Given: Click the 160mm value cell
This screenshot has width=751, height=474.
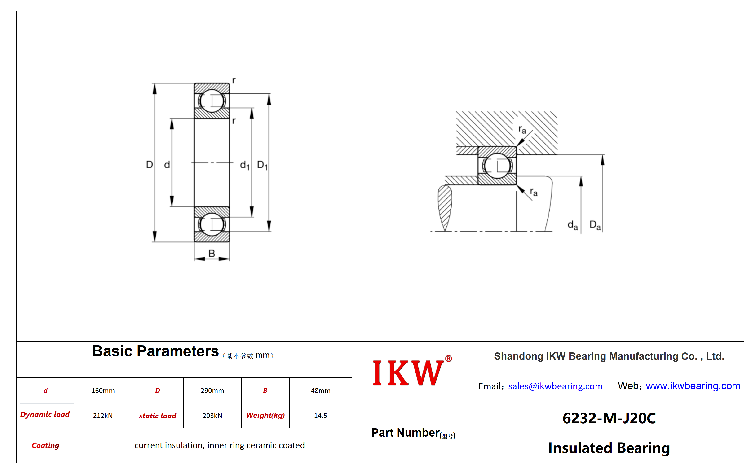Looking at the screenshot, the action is tap(103, 391).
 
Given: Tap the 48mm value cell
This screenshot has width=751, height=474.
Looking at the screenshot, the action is tap(321, 391).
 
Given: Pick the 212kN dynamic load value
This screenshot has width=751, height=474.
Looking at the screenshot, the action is tap(103, 415).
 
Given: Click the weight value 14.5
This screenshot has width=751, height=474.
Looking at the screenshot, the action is tap(321, 415).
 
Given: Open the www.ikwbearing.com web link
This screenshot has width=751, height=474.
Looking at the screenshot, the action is tap(693, 386).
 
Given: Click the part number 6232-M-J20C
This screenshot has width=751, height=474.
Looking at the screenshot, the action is tap(609, 418).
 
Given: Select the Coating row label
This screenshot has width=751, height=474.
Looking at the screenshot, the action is tap(45, 446).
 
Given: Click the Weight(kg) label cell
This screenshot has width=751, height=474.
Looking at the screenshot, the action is tap(265, 415).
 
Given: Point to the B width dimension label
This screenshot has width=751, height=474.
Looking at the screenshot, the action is tap(212, 254).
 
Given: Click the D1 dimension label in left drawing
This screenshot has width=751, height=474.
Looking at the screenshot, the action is tap(262, 165).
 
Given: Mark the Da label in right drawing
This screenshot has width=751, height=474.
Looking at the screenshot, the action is tap(595, 225).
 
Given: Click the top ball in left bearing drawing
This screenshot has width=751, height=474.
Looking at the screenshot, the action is tap(212, 101).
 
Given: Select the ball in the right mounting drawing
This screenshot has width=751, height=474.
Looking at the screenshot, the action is tap(497, 166).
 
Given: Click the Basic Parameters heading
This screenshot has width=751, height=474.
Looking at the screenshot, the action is tap(155, 351).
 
